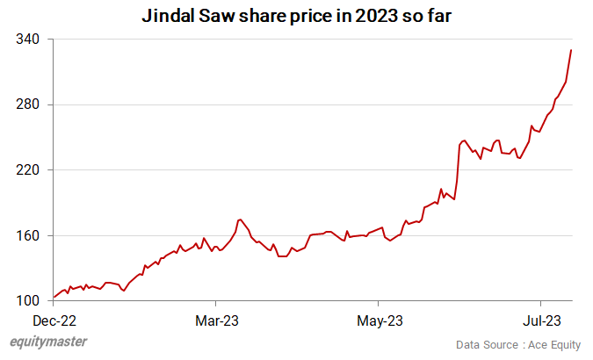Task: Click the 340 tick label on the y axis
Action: (28, 40)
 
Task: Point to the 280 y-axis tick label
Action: (28, 104)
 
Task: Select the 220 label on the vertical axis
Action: (28, 169)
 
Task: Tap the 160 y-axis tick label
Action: (28, 235)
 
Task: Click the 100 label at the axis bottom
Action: (28, 300)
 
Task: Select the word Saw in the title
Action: (223, 15)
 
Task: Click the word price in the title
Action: (312, 15)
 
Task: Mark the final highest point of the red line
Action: (571, 50)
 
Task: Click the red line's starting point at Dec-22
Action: (54, 298)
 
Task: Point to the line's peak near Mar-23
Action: (240, 220)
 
